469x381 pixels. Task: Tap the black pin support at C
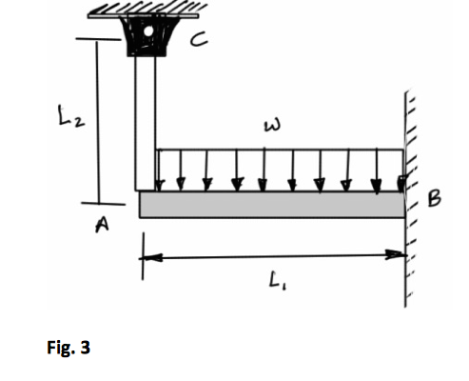pos(147,38)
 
